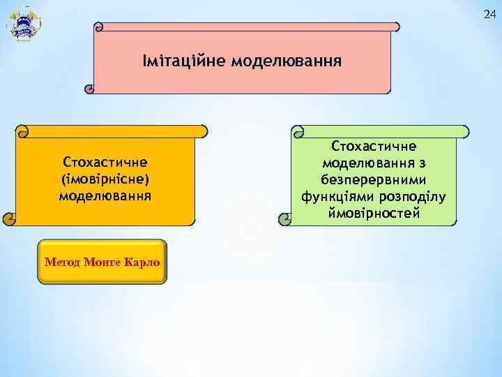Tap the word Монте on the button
point(102,263)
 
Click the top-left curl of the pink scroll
point(99,27)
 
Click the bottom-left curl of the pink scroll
point(89,89)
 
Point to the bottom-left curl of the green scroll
point(287,219)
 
